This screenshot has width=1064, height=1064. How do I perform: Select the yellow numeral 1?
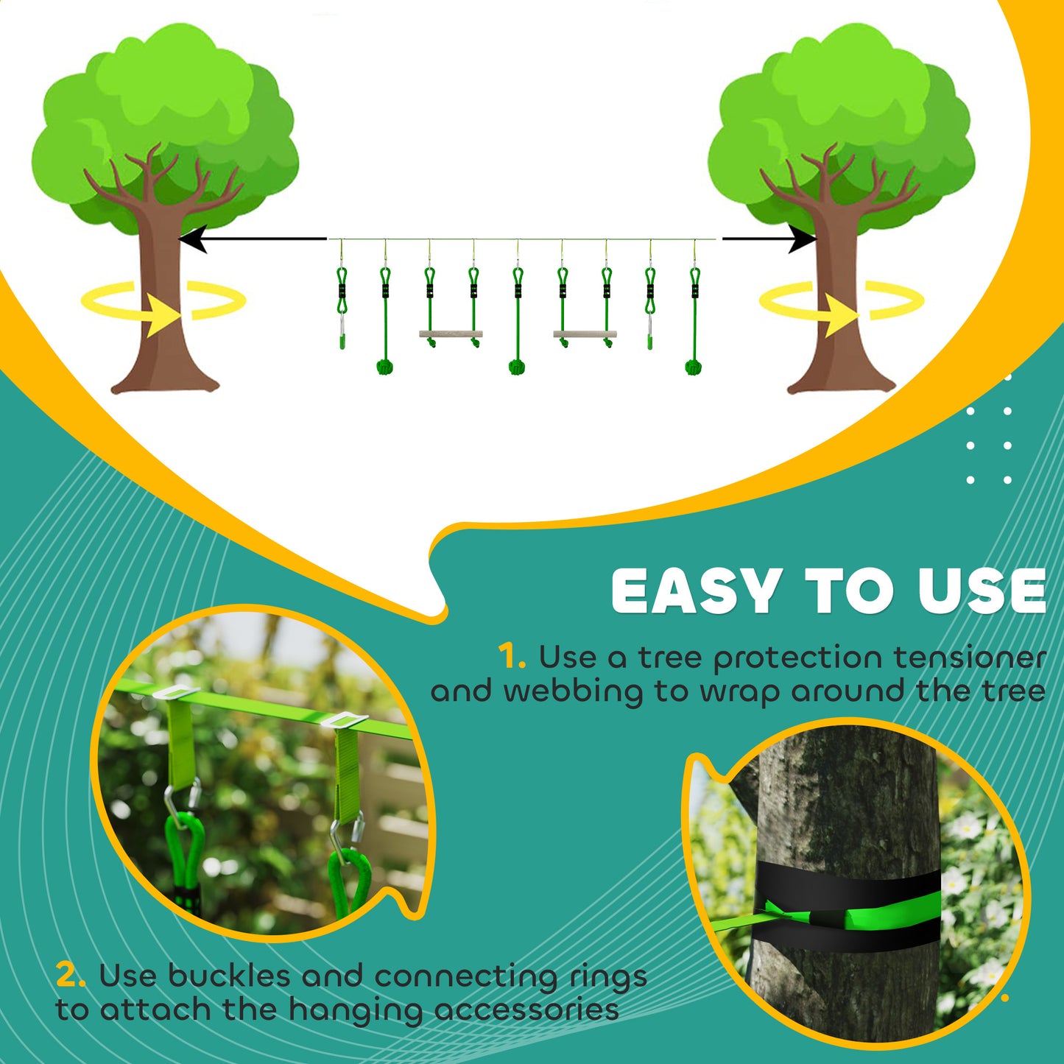(x=510, y=656)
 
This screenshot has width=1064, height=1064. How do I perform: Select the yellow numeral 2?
(x=70, y=976)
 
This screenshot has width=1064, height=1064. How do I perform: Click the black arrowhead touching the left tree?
(x=193, y=239)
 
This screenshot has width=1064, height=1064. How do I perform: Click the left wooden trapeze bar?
(x=451, y=334)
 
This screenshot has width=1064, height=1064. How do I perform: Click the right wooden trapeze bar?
(x=585, y=334)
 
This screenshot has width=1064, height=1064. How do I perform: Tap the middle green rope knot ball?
(x=517, y=366)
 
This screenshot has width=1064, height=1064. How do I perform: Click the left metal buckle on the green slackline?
(x=177, y=691)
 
